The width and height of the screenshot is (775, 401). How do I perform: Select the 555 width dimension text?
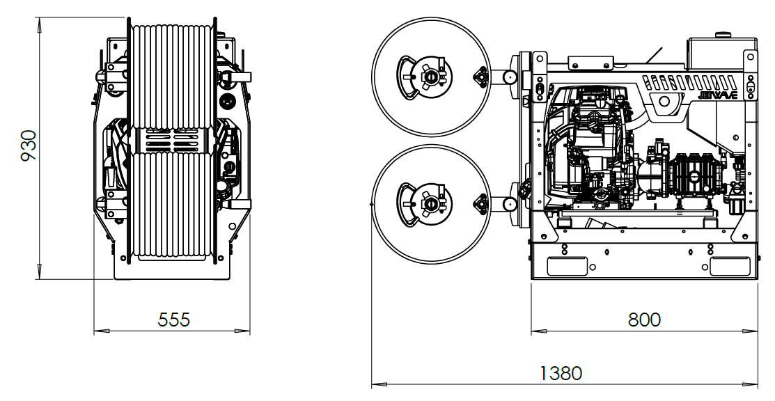pos(174,320)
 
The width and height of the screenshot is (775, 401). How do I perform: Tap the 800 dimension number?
pos(644,320)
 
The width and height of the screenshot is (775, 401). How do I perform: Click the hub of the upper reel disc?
pos(430,76)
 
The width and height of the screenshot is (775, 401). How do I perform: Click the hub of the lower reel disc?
pos(430,204)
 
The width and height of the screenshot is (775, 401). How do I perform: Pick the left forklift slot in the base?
pos(567,265)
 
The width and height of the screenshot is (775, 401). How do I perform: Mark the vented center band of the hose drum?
pos(171,140)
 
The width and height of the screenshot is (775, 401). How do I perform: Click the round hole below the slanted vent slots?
pos(664,102)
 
